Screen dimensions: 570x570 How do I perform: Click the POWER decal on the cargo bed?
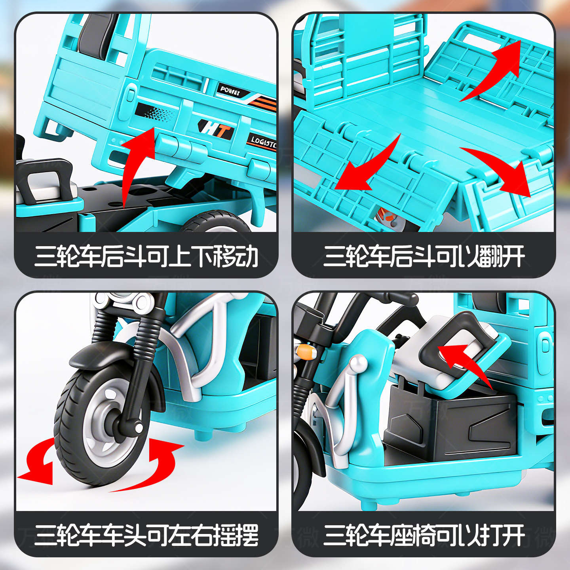click(x=230, y=91)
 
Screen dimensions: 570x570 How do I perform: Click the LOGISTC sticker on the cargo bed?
click(x=262, y=141)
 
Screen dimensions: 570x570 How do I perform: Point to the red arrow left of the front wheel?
click(x=38, y=463)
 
